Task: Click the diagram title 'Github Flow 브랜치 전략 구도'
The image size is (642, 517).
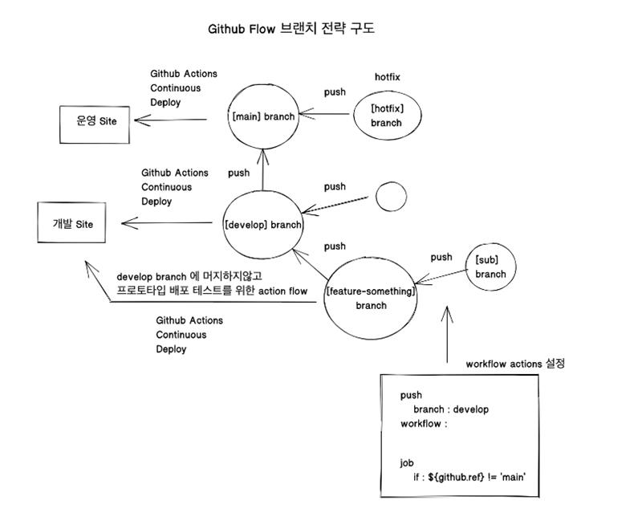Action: (x=291, y=29)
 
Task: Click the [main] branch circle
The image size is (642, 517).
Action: (x=262, y=116)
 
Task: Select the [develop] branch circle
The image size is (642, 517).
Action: (x=263, y=225)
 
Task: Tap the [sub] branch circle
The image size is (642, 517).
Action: (x=490, y=267)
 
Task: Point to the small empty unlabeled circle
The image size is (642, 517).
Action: (x=391, y=196)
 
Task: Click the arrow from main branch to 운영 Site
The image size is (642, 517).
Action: (x=170, y=121)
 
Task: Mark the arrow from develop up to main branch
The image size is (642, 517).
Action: (x=262, y=169)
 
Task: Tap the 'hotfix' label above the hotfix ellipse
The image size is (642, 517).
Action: (x=387, y=77)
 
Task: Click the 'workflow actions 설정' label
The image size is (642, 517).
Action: (x=515, y=364)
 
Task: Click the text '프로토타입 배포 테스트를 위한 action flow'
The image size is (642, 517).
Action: (x=212, y=291)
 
